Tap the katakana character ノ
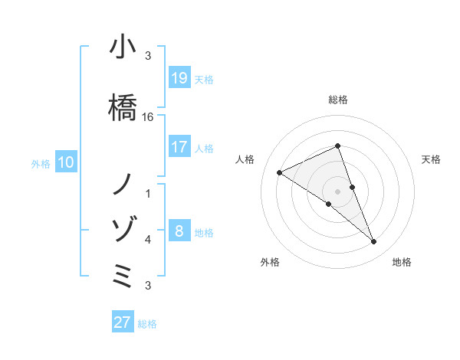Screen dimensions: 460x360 click(x=123, y=184)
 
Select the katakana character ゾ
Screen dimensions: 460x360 click(x=123, y=227)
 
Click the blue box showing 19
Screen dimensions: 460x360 click(x=179, y=77)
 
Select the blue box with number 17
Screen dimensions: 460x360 click(x=179, y=147)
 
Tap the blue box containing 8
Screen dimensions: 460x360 click(x=179, y=231)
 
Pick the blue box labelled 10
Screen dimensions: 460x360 click(x=65, y=162)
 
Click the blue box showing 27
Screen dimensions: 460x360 click(x=122, y=322)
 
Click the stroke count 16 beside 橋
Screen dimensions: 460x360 click(x=148, y=117)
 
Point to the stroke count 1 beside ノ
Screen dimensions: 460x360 click(x=148, y=193)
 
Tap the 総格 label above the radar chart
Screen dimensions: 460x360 click(x=338, y=100)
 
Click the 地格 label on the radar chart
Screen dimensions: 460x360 click(x=402, y=262)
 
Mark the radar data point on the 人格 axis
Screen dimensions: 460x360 click(x=280, y=173)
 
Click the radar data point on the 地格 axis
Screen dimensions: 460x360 click(x=374, y=242)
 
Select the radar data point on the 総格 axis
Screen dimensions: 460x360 click(x=338, y=146)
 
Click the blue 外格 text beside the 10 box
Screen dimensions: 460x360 click(x=40, y=163)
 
